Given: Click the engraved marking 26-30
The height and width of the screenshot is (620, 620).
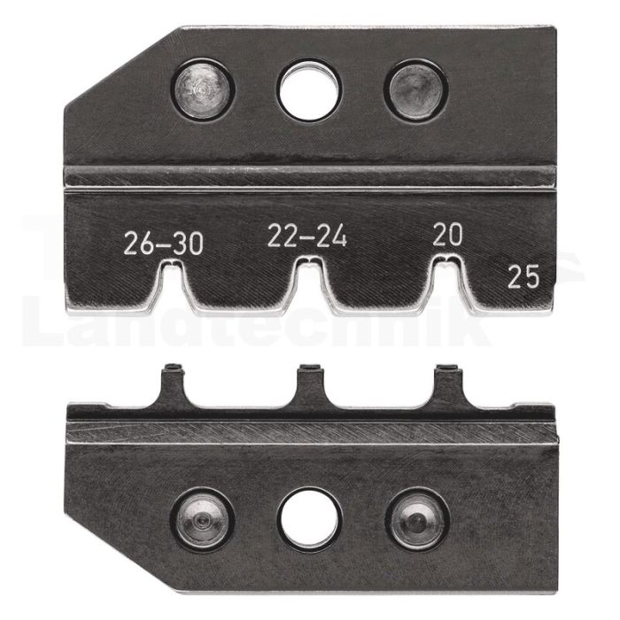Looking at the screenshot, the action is coord(164,244).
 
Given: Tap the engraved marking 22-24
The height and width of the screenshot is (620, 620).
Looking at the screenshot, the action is coord(307,236).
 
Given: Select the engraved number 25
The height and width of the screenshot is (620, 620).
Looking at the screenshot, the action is coord(523,276).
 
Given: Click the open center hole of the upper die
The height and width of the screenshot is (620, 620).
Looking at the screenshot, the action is coord(309,90).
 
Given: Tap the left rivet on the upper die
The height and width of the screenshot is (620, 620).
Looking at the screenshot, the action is coord(203,89).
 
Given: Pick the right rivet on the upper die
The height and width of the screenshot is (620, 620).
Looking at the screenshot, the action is coord(415,89).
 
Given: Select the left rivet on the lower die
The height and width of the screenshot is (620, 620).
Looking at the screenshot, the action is coord(203,520).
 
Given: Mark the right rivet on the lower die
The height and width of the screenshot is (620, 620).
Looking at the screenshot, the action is coord(417,521).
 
